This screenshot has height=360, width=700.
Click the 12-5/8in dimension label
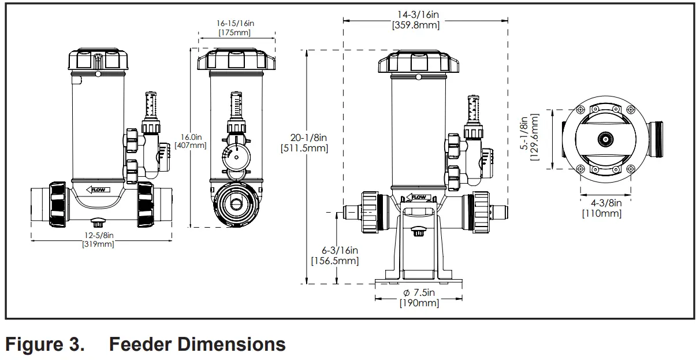click(98, 236)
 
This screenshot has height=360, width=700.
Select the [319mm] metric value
click(98, 244)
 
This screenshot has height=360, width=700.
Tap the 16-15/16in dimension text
click(235, 23)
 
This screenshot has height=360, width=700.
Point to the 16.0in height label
click(191, 137)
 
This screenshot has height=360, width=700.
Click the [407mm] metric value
click(191, 146)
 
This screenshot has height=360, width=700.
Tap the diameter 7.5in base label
click(419, 293)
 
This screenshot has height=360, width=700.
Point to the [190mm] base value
click(419, 303)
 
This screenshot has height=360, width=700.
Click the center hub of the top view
click(605, 139)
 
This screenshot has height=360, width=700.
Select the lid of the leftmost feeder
click(98, 60)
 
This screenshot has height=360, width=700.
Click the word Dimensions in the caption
click(197, 345)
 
